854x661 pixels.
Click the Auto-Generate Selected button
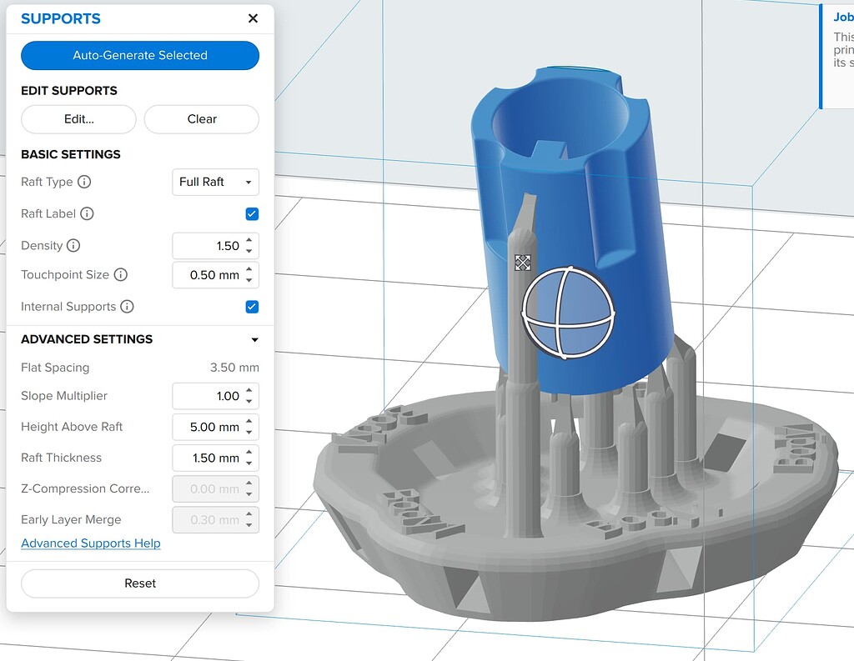[140, 55]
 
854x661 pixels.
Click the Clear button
[202, 119]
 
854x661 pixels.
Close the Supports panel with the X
[253, 18]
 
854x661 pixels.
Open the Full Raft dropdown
[215, 182]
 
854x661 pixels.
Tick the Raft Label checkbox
[252, 214]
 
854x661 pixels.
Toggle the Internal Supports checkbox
[252, 307]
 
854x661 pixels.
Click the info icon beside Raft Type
[84, 182]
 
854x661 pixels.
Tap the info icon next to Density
[73, 246]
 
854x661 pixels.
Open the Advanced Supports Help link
[91, 543]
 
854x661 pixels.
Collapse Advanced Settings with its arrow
[254, 339]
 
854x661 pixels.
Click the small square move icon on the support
[523, 263]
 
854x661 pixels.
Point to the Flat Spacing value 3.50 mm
[234, 368]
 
